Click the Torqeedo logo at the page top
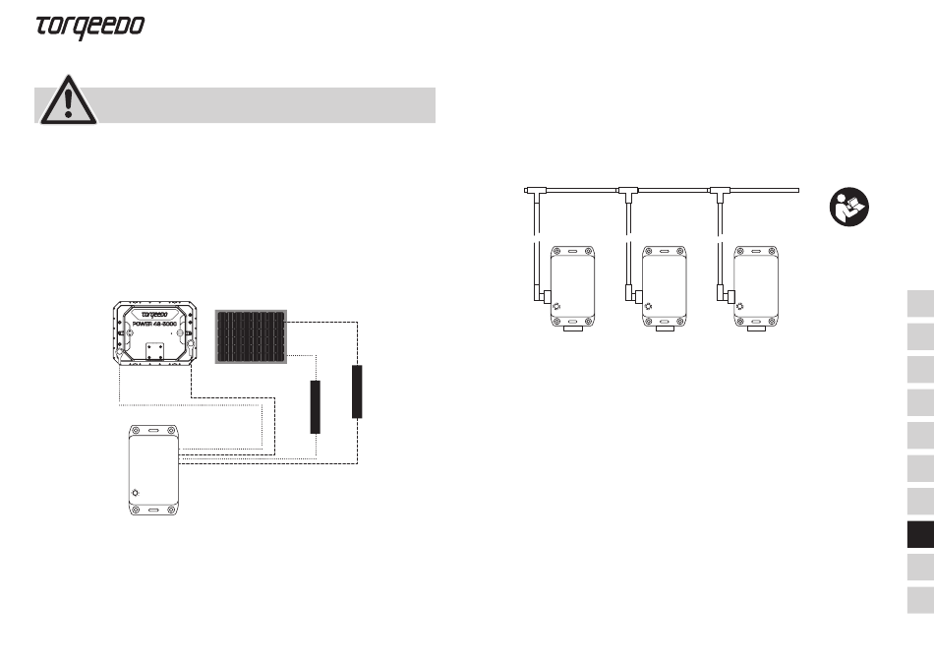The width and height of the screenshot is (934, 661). pos(89,28)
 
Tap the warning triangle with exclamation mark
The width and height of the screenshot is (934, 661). pos(69,100)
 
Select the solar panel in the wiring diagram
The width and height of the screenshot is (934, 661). pos(251,336)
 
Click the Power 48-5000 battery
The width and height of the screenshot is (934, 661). pos(155,332)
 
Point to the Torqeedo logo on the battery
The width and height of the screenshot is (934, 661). pos(155,314)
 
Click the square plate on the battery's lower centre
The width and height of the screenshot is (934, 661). pos(155,352)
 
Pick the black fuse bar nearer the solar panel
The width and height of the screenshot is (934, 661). pos(316,407)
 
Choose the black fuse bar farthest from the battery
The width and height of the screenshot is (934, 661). pos(357,391)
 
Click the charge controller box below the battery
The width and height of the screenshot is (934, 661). pos(153,470)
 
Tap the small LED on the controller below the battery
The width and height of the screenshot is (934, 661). pos(136,493)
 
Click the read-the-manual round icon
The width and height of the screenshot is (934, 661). pos(849,207)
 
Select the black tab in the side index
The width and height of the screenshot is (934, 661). pos(920,535)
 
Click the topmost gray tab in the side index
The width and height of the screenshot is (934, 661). pos(920,303)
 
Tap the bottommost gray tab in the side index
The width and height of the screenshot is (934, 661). pos(920,600)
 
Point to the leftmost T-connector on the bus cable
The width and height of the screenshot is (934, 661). pos(537,193)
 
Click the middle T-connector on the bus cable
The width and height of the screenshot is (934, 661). pos(628,193)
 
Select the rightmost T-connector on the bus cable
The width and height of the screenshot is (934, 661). pos(720,193)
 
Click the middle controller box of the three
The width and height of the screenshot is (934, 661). pos(665,288)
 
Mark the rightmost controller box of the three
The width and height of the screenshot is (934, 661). pos(756,288)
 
